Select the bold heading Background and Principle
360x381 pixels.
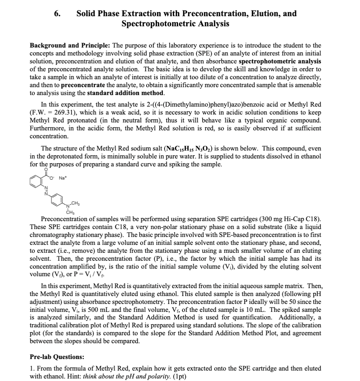[70, 45]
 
